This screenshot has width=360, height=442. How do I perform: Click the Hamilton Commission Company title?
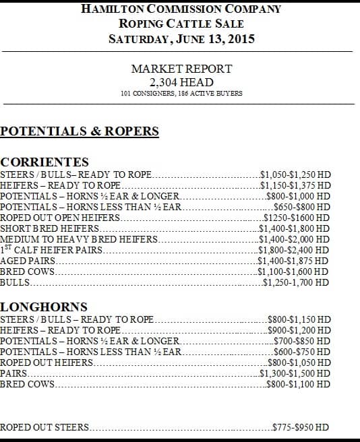click(x=181, y=9)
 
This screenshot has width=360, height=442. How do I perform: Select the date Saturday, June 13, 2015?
click(x=181, y=39)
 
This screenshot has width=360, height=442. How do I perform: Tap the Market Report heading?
click(x=181, y=69)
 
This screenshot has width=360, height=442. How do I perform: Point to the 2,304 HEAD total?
click(x=181, y=82)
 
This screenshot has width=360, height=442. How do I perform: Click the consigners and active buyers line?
click(x=181, y=94)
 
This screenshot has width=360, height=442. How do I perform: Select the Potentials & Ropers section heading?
click(x=80, y=131)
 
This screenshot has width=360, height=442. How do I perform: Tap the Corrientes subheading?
click(x=44, y=162)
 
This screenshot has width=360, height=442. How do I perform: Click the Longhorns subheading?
click(x=44, y=307)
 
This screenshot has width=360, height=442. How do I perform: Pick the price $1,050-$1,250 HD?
click(x=295, y=175)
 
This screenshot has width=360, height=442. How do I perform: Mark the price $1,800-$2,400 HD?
click(x=295, y=250)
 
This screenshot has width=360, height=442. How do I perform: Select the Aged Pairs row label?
click(x=28, y=261)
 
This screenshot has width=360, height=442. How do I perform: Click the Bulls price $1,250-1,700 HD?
click(x=297, y=282)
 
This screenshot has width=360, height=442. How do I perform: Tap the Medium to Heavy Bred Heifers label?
click(x=79, y=239)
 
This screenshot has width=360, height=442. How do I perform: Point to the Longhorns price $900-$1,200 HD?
click(x=299, y=330)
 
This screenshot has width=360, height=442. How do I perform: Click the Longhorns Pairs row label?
click(x=14, y=373)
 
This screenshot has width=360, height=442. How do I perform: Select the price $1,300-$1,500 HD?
click(x=295, y=373)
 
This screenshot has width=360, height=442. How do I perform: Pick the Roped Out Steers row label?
click(x=44, y=427)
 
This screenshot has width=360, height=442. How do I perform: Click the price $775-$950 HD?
click(x=301, y=427)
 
